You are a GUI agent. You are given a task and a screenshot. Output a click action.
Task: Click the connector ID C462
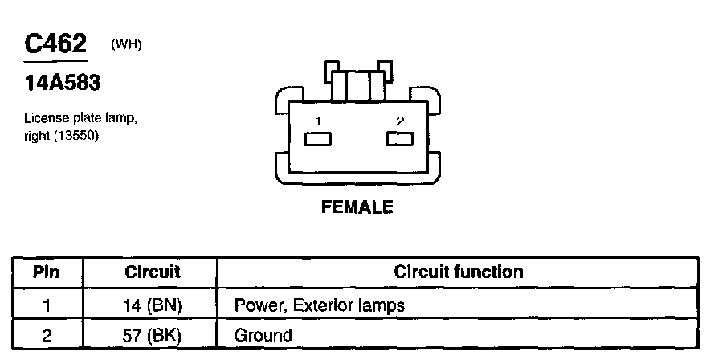(55, 43)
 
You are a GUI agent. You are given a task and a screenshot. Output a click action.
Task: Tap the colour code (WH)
(127, 44)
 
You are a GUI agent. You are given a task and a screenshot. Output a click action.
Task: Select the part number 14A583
(62, 83)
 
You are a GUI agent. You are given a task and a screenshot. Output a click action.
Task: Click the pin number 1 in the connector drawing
(319, 121)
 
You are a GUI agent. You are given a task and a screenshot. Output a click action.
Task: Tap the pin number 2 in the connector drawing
(399, 121)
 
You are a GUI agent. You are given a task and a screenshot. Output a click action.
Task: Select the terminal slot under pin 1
(318, 139)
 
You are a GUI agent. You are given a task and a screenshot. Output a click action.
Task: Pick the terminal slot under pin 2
(399, 139)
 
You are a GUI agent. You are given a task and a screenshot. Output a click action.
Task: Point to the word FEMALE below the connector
(357, 207)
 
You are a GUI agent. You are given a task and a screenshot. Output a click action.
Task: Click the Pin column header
(46, 272)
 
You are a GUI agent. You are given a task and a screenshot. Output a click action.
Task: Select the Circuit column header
(153, 272)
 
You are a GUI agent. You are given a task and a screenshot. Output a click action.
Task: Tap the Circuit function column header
(458, 272)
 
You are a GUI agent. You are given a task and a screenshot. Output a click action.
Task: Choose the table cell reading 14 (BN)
(153, 305)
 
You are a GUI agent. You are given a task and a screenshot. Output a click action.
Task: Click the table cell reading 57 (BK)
(153, 335)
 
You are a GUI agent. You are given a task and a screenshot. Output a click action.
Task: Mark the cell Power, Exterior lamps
(319, 305)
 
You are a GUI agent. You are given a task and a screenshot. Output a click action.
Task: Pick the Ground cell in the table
(263, 335)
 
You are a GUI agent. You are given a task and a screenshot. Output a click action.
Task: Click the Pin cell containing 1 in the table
(46, 305)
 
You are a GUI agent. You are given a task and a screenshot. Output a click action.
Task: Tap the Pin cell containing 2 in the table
(46, 335)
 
